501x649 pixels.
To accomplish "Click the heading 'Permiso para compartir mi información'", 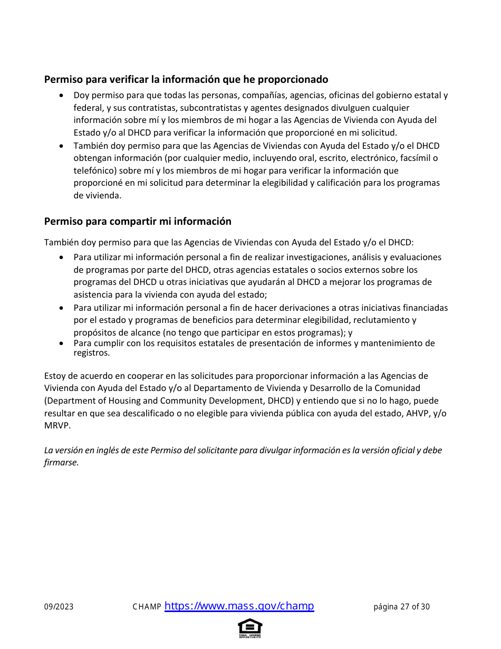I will (138, 221).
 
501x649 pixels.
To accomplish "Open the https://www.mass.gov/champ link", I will (239, 606).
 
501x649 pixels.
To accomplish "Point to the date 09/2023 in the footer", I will (59, 607).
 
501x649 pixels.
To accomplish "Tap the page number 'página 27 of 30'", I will (401, 607).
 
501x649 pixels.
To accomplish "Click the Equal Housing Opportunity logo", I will (250, 628).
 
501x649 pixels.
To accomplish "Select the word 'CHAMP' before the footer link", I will (147, 607).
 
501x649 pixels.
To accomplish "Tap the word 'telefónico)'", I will (95, 170).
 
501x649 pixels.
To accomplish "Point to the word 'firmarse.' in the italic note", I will (61, 462).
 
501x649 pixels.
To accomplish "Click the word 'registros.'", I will (91, 353).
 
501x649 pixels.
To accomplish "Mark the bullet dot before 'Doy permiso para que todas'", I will (62, 96).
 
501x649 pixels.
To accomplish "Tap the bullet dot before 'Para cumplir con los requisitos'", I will (62, 343).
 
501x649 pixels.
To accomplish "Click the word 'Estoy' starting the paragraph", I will (55, 376).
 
